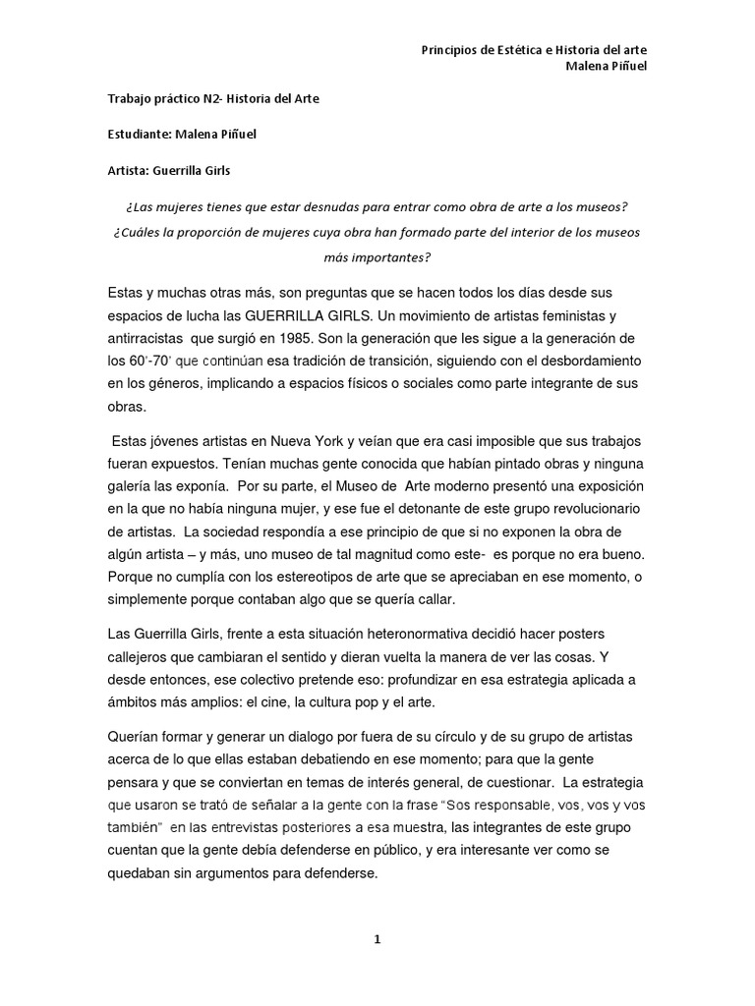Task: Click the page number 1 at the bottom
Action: pyautogui.click(x=377, y=939)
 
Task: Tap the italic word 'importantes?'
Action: pyautogui.click(x=377, y=257)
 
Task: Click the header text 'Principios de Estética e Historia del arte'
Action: pyautogui.click(x=533, y=50)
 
